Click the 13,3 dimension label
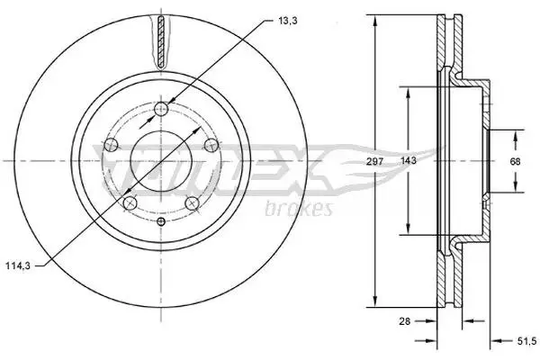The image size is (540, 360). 288,21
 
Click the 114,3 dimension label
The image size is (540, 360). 18,265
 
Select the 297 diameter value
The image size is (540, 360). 374,161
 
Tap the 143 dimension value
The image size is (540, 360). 409,160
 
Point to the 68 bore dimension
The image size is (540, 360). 515,161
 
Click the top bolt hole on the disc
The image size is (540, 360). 161,109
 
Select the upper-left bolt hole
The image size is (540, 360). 111,145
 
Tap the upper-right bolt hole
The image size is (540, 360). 211,145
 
